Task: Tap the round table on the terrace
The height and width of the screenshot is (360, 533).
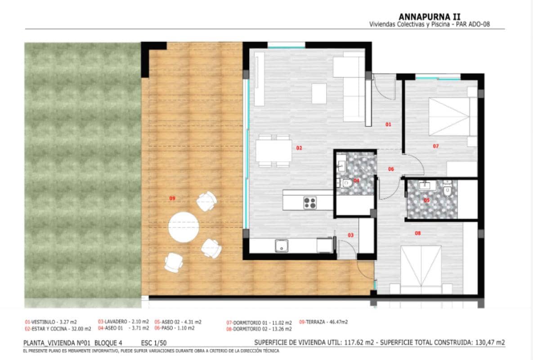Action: click(x=184, y=226)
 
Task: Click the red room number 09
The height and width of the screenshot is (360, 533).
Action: click(x=172, y=198)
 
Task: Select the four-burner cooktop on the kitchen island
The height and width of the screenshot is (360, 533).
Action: click(x=310, y=203)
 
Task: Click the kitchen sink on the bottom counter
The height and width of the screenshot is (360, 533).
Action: click(x=282, y=246)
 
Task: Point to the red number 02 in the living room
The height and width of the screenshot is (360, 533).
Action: click(x=299, y=148)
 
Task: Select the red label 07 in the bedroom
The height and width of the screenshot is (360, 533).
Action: click(x=435, y=146)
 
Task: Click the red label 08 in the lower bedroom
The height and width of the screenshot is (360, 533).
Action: click(x=418, y=233)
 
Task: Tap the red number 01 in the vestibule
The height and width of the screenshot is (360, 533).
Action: click(x=389, y=124)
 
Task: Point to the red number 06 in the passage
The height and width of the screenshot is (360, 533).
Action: click(x=391, y=169)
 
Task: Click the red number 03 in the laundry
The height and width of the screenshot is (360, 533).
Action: click(x=351, y=235)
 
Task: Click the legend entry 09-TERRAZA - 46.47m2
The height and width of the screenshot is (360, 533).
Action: click(x=324, y=322)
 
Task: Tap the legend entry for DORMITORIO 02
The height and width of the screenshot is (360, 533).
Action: click(x=259, y=329)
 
